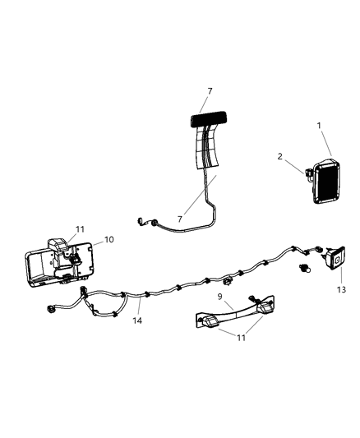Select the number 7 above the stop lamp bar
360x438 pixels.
click(x=210, y=90)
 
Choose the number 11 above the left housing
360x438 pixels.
click(x=80, y=230)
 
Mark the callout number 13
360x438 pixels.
click(x=342, y=289)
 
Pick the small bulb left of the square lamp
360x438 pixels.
click(x=308, y=268)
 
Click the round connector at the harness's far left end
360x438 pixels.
click(x=44, y=309)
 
